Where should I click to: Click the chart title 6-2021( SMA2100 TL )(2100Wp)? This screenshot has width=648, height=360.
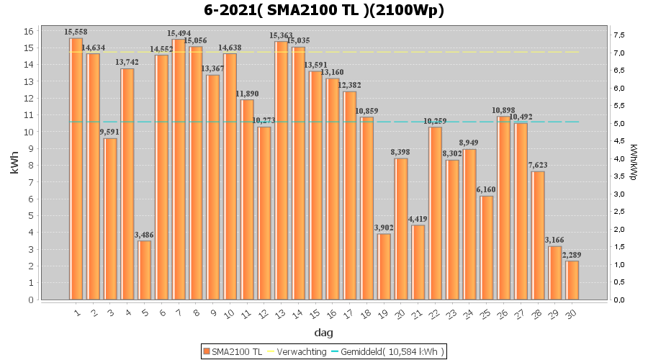(x=323, y=10)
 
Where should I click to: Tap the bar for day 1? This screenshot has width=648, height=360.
(x=76, y=168)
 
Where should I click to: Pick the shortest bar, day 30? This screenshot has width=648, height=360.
(x=572, y=280)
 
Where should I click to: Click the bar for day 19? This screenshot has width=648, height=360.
(x=384, y=266)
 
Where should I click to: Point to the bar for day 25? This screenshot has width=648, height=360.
(x=487, y=248)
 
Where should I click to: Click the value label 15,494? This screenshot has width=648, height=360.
(x=179, y=33)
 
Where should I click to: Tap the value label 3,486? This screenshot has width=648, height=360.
(x=145, y=235)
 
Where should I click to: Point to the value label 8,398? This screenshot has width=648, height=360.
(x=401, y=153)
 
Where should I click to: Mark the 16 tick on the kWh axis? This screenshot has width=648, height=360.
(x=28, y=32)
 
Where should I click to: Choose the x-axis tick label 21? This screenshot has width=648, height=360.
(x=418, y=312)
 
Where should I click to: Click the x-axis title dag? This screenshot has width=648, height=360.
(x=323, y=333)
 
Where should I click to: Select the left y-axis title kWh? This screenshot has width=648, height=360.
(x=14, y=166)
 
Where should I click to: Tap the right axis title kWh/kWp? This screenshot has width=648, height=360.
(x=634, y=166)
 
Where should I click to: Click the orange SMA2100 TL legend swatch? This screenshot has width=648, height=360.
(x=207, y=351)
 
